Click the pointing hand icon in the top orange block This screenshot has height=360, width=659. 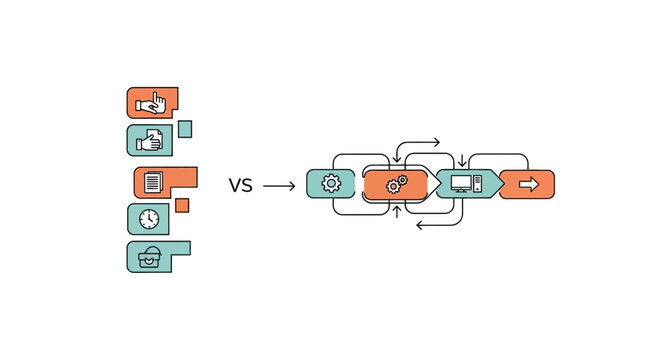[152, 102]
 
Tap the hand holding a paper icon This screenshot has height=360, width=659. [151, 141]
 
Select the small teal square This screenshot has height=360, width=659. [184, 128]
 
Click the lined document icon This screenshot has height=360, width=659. [153, 183]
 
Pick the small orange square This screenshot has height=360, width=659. [182, 205]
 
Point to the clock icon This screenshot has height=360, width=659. [149, 219]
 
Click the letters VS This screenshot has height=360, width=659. [240, 185]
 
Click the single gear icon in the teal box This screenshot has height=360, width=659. [330, 184]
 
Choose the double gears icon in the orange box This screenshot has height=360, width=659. [397, 184]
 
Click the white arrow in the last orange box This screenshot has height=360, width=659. [528, 184]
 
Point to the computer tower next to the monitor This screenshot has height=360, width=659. [478, 184]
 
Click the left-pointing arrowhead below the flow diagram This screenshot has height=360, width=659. [419, 226]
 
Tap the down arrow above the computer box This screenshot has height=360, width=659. [461, 160]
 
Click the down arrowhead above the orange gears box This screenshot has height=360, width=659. [397, 160]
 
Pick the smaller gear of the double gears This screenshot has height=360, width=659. [403, 180]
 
